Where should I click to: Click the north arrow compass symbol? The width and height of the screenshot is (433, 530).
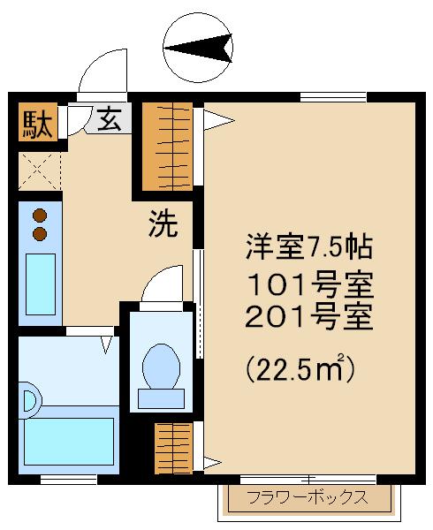pos(198,48)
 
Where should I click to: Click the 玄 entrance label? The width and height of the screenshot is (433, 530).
pos(110,118)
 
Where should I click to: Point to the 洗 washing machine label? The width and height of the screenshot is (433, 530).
pos(163,223)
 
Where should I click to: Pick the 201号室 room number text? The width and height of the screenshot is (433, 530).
pos(309,316)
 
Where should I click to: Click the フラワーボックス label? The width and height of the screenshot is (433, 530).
pos(308,497)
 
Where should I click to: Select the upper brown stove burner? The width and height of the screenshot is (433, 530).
pos(40,216)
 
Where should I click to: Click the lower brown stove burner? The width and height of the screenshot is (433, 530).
pos(40,233)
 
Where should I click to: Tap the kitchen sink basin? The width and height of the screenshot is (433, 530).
pos(41,284)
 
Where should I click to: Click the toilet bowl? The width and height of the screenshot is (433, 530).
pos(161,367)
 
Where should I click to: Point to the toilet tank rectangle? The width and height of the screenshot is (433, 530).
pos(161,398)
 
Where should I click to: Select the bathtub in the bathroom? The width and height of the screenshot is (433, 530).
pos(69,442)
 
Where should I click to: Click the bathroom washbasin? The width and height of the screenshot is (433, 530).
pos(30,401)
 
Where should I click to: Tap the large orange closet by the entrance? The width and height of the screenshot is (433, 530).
pos(167,147)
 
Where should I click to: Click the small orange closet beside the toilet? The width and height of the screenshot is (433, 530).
pos(174,448)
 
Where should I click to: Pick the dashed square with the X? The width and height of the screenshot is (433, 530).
pos(40,171)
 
